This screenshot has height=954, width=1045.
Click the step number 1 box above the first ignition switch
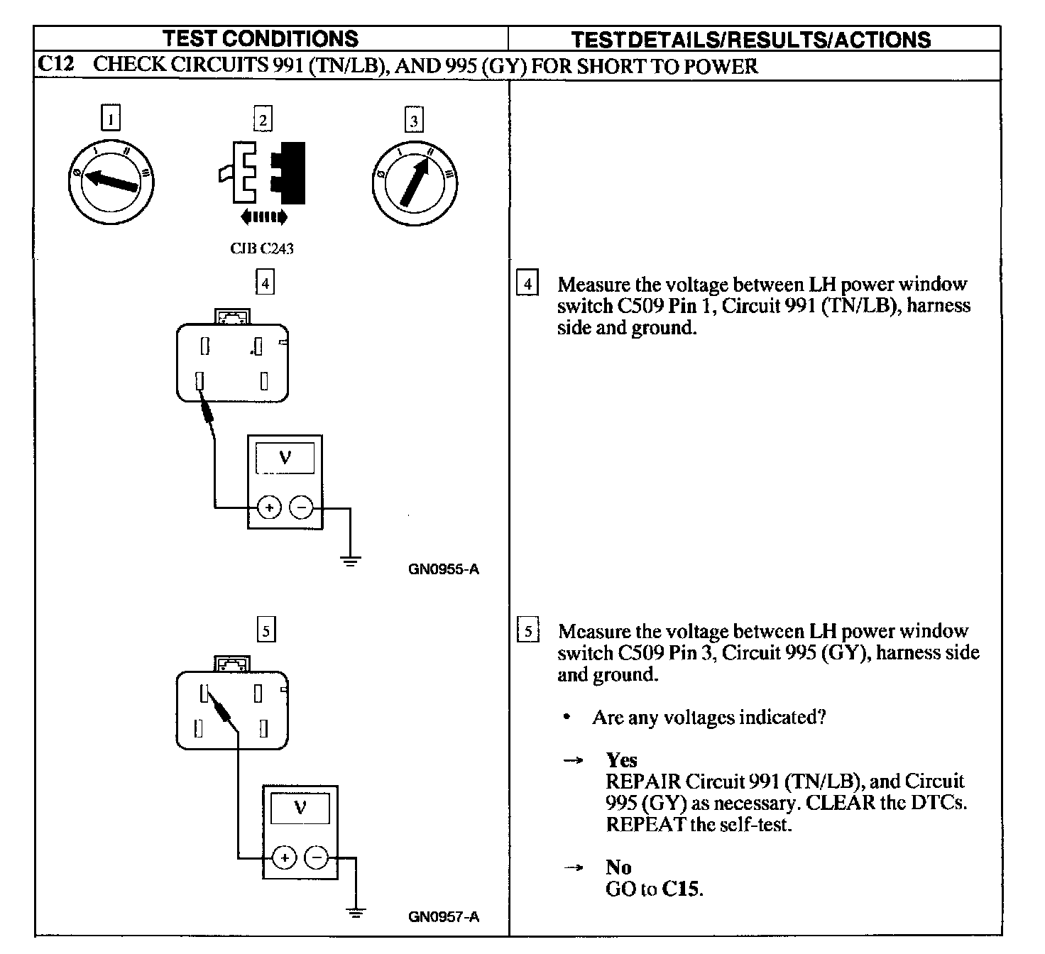pos(111,118)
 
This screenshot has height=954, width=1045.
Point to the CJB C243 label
pos(261,248)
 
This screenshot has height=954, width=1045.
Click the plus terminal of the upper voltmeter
pos(269,508)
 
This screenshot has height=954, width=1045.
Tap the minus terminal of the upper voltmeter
pos(302,508)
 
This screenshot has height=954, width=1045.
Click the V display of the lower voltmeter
pos(300,808)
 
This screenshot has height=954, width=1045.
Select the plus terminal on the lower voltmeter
pos(285,858)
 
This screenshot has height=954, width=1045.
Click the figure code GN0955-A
pos(444,569)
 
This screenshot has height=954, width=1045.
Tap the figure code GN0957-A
pos(444,917)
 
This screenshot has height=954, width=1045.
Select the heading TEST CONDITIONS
pos(261,38)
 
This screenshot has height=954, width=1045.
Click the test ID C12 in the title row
pos(55,65)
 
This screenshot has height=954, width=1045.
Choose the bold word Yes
pos(621,760)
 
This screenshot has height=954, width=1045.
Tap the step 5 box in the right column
pos(527,631)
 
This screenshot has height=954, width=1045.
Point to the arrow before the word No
pos(573,867)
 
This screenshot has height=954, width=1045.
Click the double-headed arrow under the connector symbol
pos(264,216)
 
